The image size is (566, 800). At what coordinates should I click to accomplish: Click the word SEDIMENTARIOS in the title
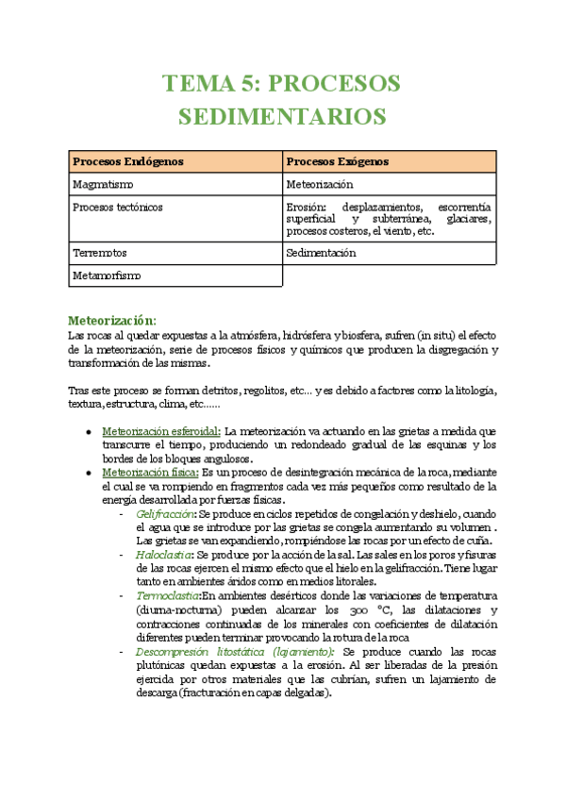282,116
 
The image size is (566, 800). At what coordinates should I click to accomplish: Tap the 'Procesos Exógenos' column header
337,162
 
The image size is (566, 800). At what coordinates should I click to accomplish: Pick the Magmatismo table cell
102,184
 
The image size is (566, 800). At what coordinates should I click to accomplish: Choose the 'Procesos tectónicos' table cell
117,207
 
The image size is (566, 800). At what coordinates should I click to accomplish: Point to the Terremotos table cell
100,253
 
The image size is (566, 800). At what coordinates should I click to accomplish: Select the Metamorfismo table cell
107,275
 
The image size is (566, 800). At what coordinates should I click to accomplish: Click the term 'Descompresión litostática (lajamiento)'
235,651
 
